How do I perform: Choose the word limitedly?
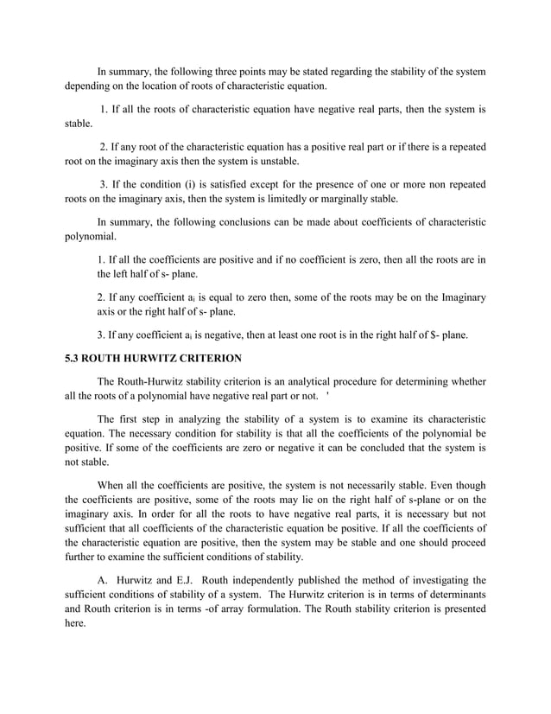pos(267,199)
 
